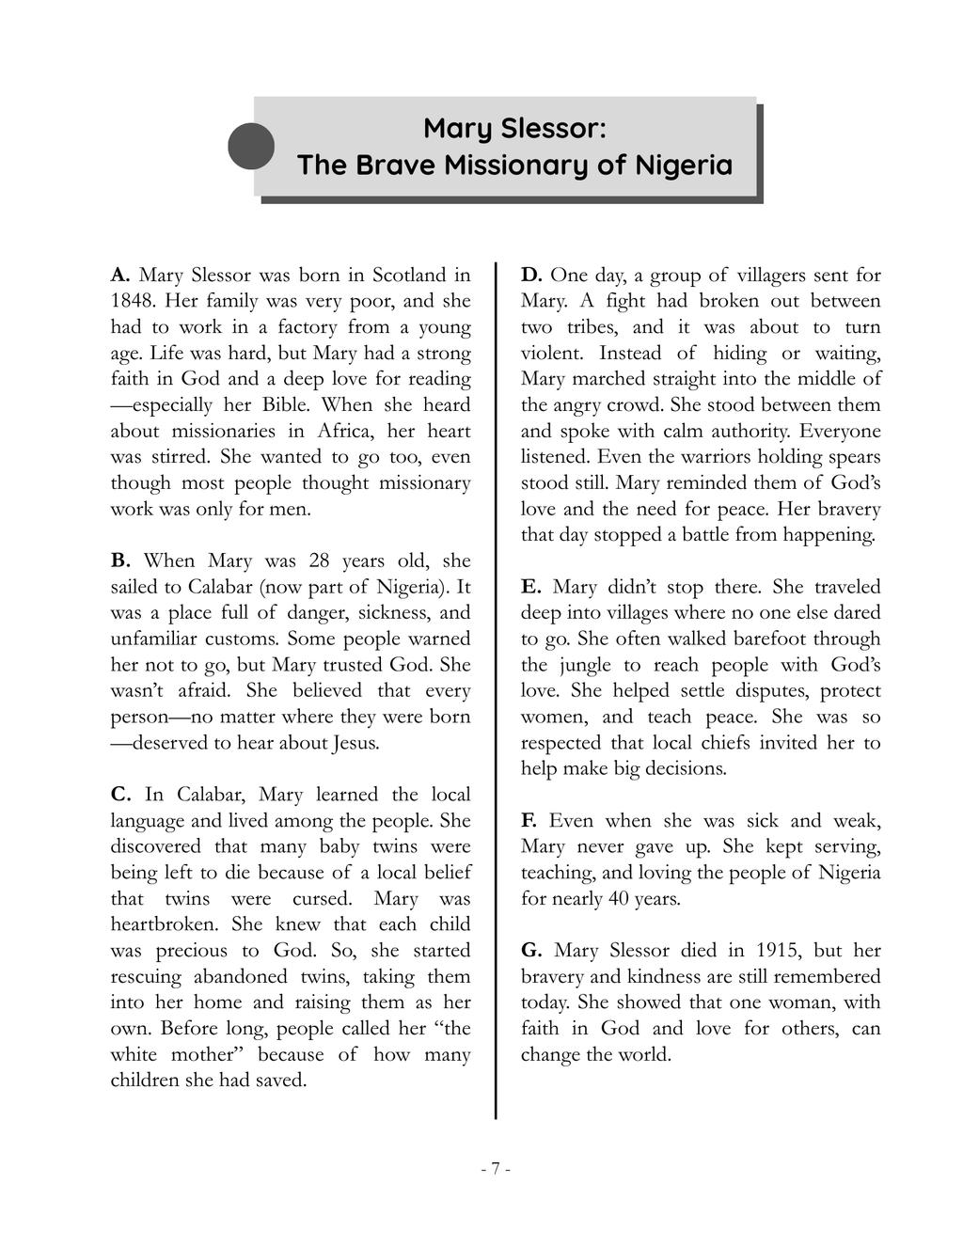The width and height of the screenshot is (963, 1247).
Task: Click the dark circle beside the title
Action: [x=251, y=147]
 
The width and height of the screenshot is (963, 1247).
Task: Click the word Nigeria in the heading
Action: [x=683, y=166]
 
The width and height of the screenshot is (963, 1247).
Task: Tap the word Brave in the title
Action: [x=394, y=166]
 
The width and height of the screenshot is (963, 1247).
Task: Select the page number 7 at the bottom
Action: [x=495, y=1170]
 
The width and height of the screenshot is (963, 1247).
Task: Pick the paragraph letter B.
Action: [x=119, y=561]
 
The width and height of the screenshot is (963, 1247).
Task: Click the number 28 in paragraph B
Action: [x=319, y=561]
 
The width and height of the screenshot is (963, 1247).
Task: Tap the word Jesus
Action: [x=355, y=743]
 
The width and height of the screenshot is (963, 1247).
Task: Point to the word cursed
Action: [x=322, y=899]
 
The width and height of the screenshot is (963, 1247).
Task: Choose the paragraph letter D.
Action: [x=531, y=276]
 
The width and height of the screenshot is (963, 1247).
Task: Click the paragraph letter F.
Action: [x=529, y=821]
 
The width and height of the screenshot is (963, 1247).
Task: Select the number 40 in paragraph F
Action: [x=618, y=899]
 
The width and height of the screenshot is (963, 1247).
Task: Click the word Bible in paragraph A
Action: [x=285, y=405]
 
